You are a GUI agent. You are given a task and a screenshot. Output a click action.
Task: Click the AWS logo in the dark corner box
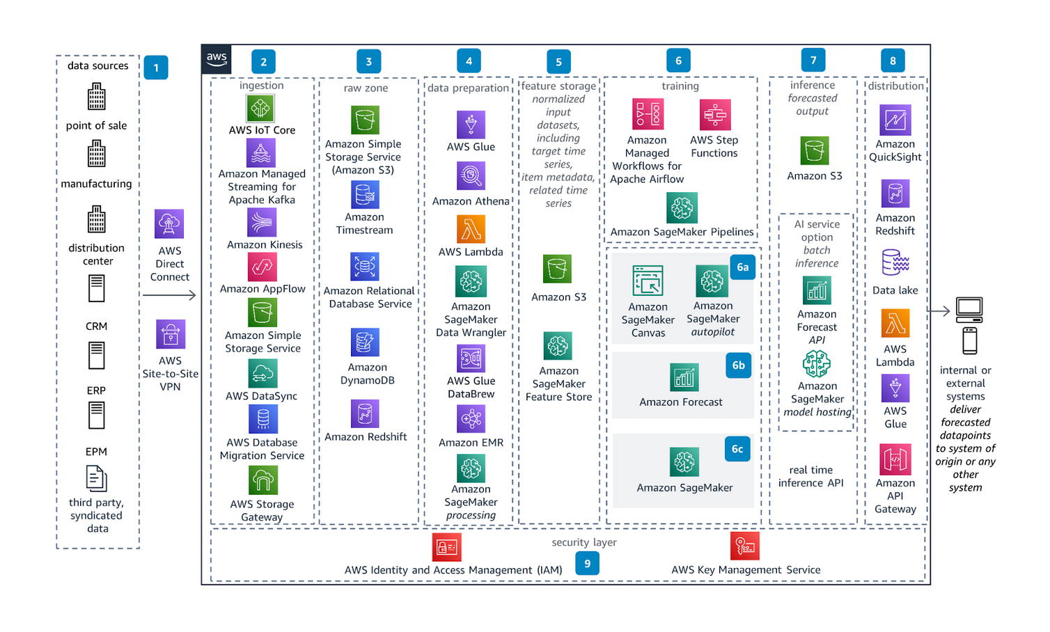point(217,59)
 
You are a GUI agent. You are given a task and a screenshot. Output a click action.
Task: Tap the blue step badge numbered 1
point(156,68)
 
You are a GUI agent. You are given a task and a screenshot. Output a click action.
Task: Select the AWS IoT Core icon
point(260,109)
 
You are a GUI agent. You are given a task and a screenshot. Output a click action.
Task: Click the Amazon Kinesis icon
point(262,223)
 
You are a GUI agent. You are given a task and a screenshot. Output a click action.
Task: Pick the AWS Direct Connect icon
point(169,224)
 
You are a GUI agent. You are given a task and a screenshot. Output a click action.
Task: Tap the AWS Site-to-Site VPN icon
point(171,335)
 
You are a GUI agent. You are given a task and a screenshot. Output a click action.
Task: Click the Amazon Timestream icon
point(365,195)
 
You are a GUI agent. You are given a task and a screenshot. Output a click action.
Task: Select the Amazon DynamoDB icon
point(365,343)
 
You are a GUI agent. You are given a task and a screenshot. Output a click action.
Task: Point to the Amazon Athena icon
point(471,176)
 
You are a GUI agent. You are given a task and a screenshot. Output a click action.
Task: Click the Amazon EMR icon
point(471,419)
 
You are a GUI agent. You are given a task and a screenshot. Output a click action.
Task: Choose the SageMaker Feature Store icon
point(558,346)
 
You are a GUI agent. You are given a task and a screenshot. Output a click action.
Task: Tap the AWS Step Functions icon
point(715,114)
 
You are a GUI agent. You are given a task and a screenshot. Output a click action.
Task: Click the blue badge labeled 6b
point(738,365)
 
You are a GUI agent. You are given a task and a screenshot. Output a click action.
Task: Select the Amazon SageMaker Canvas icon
point(648,281)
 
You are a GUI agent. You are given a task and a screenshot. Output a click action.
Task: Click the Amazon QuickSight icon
point(895,120)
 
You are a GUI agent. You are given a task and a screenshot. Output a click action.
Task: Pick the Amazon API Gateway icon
point(895,459)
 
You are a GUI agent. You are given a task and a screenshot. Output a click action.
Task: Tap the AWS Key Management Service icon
point(744,546)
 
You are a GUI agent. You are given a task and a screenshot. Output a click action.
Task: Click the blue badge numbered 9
point(587,564)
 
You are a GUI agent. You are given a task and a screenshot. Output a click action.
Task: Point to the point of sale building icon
point(97,97)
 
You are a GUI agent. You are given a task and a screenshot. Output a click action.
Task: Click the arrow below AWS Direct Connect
point(169,296)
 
